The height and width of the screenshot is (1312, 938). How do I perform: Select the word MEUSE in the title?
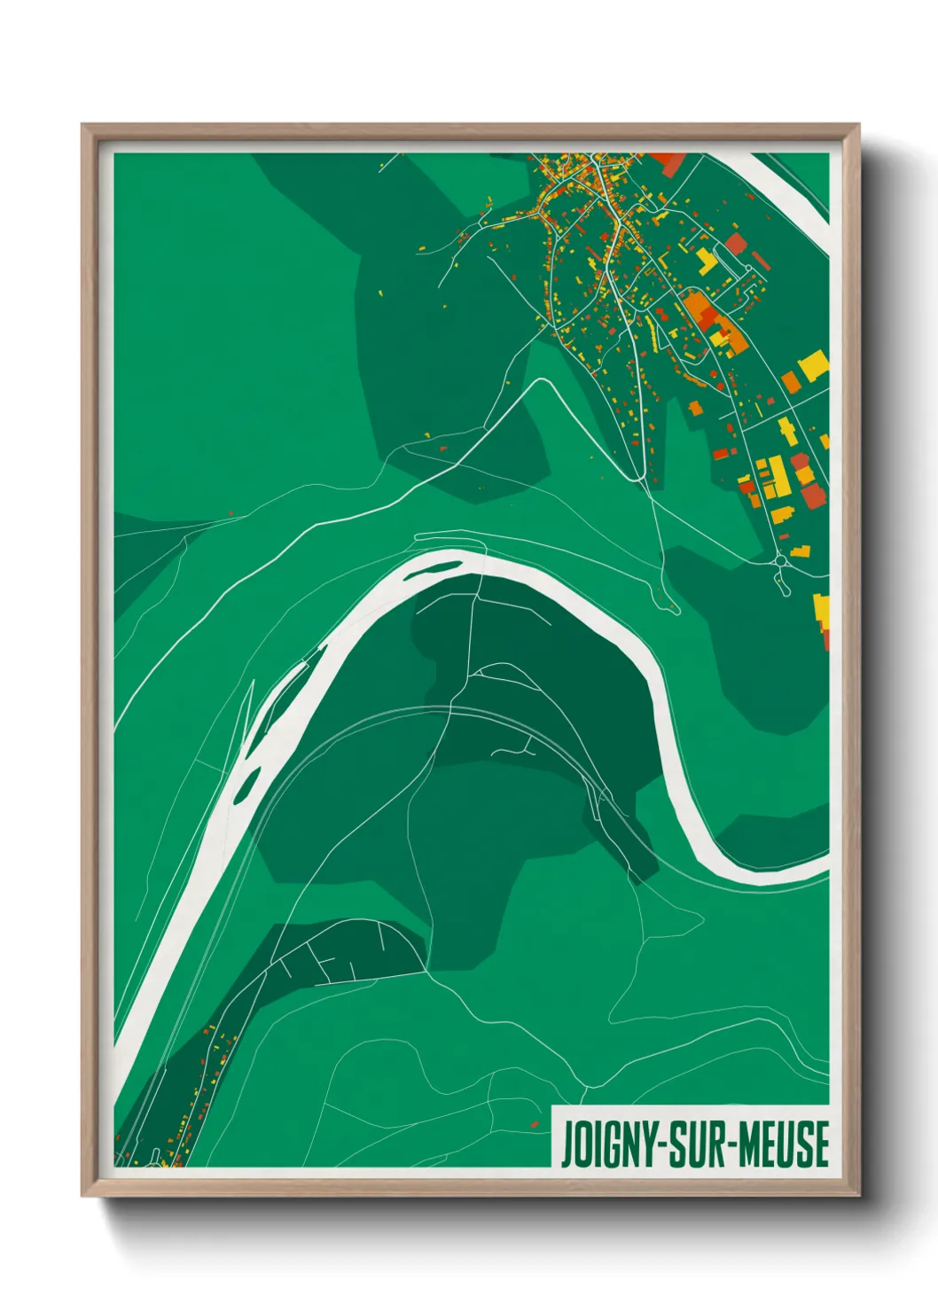[x=784, y=1144]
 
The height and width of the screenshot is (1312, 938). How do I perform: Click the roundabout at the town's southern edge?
[x=780, y=560]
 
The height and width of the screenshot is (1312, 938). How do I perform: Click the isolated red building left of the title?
[x=535, y=1124]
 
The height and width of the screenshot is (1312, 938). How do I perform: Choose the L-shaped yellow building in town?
[x=707, y=260]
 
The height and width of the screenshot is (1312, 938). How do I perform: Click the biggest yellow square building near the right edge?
[x=813, y=365]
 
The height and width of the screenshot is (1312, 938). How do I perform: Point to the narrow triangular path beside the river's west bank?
[x=248, y=709]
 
